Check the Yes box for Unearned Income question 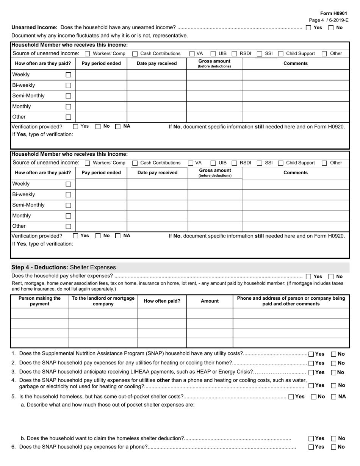(308, 28)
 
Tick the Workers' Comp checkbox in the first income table (88, 54)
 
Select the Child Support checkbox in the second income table (281, 163)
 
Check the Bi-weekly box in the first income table (68, 86)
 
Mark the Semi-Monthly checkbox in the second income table (68, 205)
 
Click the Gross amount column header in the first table (214, 63)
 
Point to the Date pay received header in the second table (157, 173)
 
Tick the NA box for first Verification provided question (118, 127)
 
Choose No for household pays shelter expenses (331, 277)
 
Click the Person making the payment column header (40, 301)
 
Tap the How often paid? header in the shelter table (162, 301)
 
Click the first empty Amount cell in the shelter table (210, 313)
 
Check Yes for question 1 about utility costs (311, 354)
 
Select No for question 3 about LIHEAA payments (333, 372)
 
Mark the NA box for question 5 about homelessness (333, 397)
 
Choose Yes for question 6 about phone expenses (311, 447)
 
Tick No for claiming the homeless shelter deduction (333, 439)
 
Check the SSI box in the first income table (260, 54)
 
